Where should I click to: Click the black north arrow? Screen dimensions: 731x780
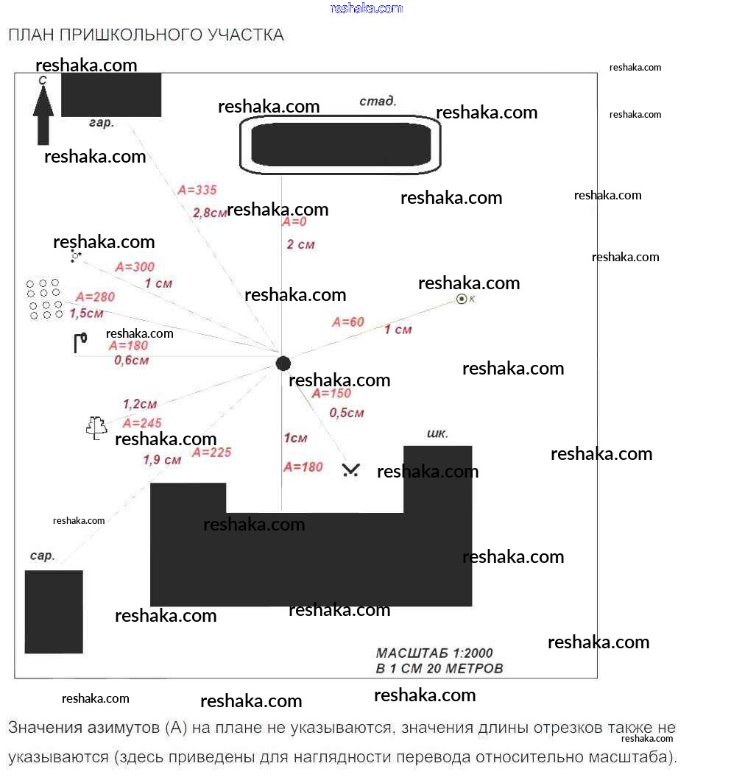43,115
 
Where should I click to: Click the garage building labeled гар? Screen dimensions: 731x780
111,94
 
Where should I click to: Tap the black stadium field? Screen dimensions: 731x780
341,144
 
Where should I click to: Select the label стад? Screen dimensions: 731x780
378,101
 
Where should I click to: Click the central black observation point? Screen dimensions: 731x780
283,364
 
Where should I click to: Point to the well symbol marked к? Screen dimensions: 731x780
462,299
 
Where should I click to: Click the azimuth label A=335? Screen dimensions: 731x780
197,190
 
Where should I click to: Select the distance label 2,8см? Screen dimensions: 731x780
210,213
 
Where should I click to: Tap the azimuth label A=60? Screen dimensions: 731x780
348,322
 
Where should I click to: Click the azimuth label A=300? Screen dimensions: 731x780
135,267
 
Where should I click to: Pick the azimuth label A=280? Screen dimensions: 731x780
95,297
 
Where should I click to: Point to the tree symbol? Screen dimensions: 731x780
96,428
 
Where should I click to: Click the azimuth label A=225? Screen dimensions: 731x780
211,453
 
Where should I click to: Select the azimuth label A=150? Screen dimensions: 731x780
331,394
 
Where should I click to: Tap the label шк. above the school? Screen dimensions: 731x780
437,433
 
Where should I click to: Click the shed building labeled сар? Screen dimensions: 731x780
54,612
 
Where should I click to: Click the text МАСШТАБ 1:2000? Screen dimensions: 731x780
434,653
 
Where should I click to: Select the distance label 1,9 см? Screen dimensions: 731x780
162,460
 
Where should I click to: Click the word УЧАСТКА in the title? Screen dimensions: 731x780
245,35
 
